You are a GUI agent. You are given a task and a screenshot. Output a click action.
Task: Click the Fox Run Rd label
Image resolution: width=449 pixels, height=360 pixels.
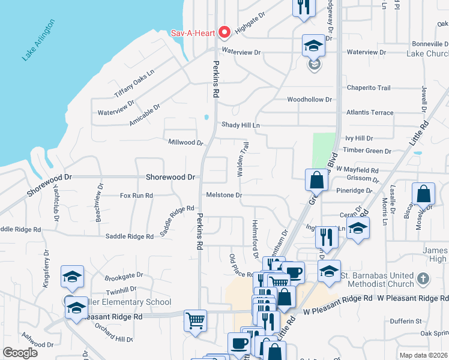tap(136, 196)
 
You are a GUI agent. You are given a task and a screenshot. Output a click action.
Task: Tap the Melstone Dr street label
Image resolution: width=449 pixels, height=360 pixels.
tap(224, 195)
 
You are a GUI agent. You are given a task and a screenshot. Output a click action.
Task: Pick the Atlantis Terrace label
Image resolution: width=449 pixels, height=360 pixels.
tap(370, 112)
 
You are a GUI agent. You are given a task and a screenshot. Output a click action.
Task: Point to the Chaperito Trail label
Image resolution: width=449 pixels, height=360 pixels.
tap(369, 88)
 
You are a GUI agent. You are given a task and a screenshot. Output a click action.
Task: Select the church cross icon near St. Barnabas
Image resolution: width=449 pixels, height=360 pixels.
tap(423, 278)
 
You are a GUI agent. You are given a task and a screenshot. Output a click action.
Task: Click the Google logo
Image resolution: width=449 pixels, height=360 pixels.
tap(20, 352)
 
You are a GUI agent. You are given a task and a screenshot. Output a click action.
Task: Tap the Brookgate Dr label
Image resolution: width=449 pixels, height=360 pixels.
tap(124, 275)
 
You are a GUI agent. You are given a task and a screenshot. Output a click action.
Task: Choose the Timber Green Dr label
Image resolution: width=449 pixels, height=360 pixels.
tap(367, 151)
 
